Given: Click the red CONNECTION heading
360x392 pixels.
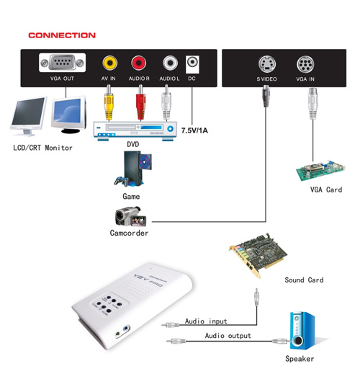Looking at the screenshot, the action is click(x=62, y=35).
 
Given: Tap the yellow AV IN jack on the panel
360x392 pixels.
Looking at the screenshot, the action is click(x=109, y=63).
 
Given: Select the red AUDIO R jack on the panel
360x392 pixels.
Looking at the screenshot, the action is click(x=139, y=63).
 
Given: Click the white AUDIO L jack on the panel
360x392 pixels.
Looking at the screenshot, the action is click(x=170, y=63).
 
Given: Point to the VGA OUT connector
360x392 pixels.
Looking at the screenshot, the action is click(x=62, y=63).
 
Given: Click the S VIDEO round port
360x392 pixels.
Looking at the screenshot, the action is click(x=267, y=64).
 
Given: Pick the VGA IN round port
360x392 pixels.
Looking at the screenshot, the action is click(x=305, y=64).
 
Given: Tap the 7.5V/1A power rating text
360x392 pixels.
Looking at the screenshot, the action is click(x=194, y=130).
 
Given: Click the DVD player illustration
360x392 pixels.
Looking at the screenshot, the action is click(x=135, y=130).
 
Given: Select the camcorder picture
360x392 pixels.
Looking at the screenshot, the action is click(x=130, y=216).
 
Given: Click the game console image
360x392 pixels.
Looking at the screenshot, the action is click(x=133, y=169).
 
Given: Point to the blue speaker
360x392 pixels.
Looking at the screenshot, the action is click(x=302, y=331).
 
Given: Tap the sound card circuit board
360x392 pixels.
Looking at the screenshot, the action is click(x=258, y=255).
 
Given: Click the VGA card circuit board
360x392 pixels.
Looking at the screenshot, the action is click(x=320, y=171).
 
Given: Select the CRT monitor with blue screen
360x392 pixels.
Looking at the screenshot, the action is click(x=69, y=115).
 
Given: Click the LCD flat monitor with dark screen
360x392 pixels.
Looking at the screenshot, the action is click(x=29, y=116).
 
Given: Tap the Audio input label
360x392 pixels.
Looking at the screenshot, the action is click(x=206, y=321).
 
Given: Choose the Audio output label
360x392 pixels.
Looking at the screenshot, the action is click(x=228, y=336).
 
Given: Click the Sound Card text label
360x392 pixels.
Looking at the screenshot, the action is click(x=304, y=280).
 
